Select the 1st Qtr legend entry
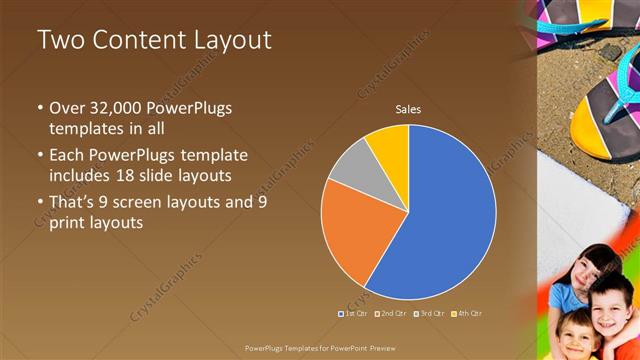pyautogui.click(x=353, y=313)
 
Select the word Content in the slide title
pyautogui.click(x=134, y=40)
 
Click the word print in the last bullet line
pyautogui.click(x=69, y=223)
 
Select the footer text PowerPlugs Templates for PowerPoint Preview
pyautogui.click(x=320, y=348)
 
